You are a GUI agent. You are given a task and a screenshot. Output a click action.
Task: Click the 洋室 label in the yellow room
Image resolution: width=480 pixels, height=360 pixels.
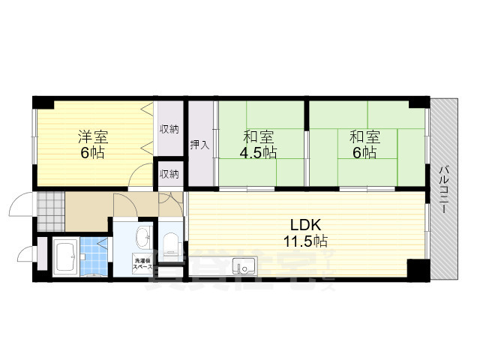click(94, 137)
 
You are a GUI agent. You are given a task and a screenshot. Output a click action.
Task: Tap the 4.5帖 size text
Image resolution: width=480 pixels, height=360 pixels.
click(259, 152)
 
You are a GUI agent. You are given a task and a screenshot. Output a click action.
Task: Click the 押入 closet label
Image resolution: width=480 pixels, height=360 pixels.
click(199, 144)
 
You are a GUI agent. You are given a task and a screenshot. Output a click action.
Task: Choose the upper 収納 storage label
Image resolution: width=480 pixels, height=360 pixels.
click(169, 129)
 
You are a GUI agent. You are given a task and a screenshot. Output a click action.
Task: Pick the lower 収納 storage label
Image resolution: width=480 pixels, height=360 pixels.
click(169, 174)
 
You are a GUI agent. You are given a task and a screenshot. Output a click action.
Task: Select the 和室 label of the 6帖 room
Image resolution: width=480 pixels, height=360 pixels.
click(364, 137)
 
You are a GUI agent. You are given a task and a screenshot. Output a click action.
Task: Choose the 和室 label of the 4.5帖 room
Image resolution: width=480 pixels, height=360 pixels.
click(259, 137)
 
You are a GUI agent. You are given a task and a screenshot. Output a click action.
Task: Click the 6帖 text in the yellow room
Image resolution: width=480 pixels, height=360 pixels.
click(94, 153)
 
